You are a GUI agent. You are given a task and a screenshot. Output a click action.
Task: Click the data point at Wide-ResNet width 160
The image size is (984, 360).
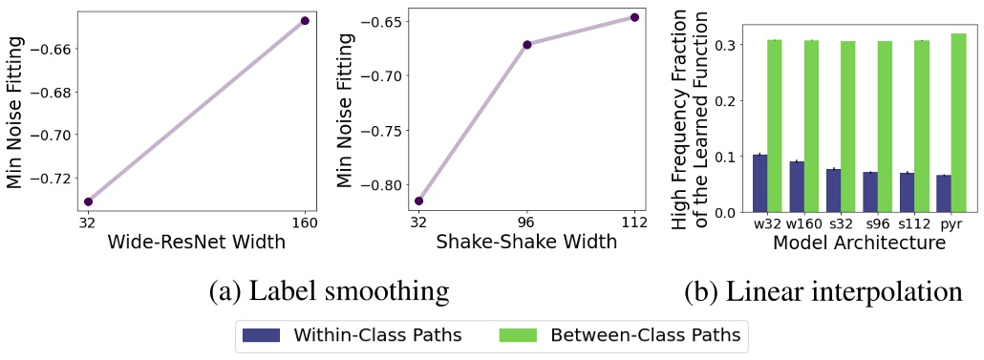point(305,20)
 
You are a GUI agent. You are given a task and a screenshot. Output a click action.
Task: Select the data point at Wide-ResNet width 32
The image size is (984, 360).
point(89,201)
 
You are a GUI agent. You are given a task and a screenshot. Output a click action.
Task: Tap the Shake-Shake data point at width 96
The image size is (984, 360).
point(526,45)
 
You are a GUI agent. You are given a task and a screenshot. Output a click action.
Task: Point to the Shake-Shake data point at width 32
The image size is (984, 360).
point(418,201)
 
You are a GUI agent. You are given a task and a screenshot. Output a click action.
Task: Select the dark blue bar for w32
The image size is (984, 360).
point(759,182)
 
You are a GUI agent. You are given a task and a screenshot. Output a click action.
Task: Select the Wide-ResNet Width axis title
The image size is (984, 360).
point(197,243)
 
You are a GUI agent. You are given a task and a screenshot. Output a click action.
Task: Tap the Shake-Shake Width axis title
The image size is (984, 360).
point(526,243)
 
